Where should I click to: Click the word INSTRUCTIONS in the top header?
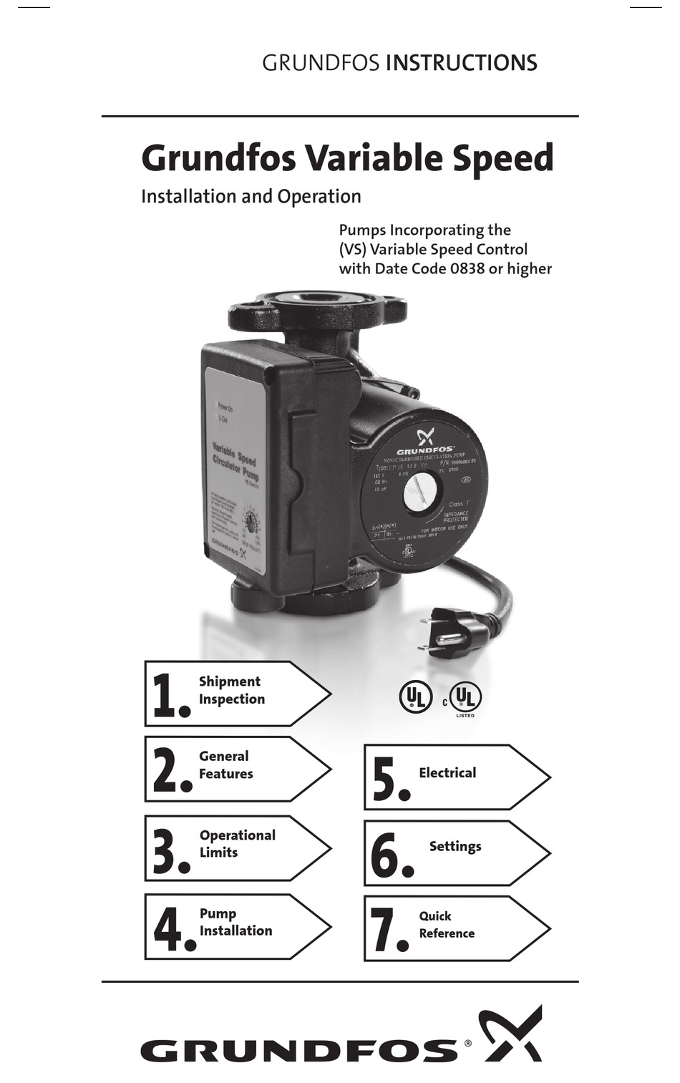click(x=461, y=64)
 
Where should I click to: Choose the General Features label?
click(x=225, y=765)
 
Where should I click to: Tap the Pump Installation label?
click(x=235, y=923)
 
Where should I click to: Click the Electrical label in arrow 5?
click(x=447, y=773)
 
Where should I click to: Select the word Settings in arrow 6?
click(x=455, y=846)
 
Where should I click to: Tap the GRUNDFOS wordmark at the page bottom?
click(x=298, y=1051)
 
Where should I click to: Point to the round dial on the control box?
click(x=251, y=517)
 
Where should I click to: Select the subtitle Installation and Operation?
click(x=251, y=197)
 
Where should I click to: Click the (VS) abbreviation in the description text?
click(x=352, y=250)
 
